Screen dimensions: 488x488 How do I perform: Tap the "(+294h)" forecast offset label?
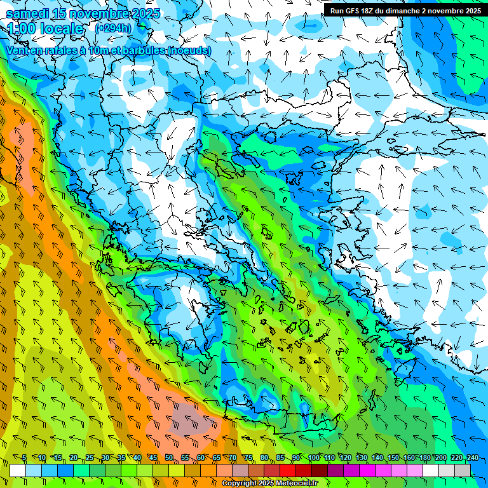[113, 28]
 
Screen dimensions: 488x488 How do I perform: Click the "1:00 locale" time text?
[45, 29]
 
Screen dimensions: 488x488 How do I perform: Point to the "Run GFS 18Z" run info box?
[405, 10]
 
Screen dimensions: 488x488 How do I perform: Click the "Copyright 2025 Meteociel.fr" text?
[278, 484]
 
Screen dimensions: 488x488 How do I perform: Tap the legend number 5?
[24, 457]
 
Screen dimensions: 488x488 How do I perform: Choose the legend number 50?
[169, 457]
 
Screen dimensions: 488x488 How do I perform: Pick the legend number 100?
[314, 457]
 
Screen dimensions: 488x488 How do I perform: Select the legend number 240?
[472, 457]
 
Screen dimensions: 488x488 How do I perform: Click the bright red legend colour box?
[288, 470]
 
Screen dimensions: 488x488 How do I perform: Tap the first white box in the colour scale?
[18, 470]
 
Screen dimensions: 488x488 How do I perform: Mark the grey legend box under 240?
[463, 470]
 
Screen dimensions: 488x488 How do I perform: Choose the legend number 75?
[248, 457]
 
